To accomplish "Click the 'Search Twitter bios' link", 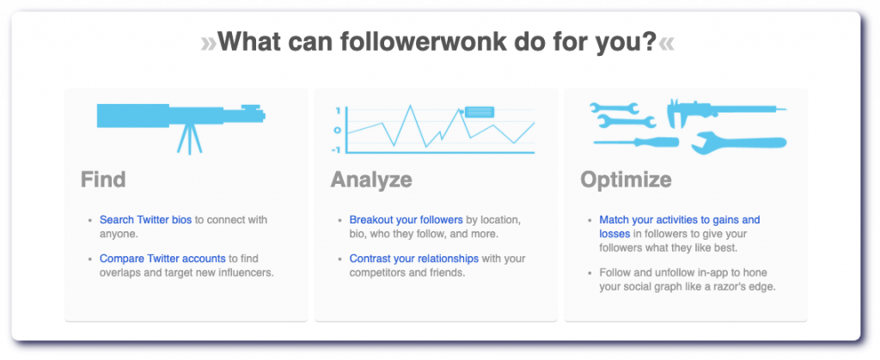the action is pyautogui.click(x=146, y=220).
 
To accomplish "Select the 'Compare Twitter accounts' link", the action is pyautogui.click(x=162, y=259).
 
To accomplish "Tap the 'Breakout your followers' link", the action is pyautogui.click(x=406, y=220).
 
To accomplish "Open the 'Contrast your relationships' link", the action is pyautogui.click(x=414, y=259).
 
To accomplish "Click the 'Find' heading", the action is pyautogui.click(x=103, y=180).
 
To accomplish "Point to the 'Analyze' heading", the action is pyautogui.click(x=371, y=180).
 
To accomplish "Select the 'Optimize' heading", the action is pyautogui.click(x=626, y=180).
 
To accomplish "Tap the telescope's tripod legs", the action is pyautogui.click(x=190, y=140).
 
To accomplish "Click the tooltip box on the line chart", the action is pyautogui.click(x=480, y=112).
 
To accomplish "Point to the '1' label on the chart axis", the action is pyautogui.click(x=338, y=111).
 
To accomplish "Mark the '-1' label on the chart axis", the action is pyautogui.click(x=337, y=149).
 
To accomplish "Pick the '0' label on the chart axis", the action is pyautogui.click(x=337, y=130).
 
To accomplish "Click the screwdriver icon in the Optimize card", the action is pyautogui.click(x=636, y=142).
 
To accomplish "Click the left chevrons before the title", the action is pyautogui.click(x=208, y=43).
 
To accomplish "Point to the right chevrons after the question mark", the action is pyautogui.click(x=666, y=43).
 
